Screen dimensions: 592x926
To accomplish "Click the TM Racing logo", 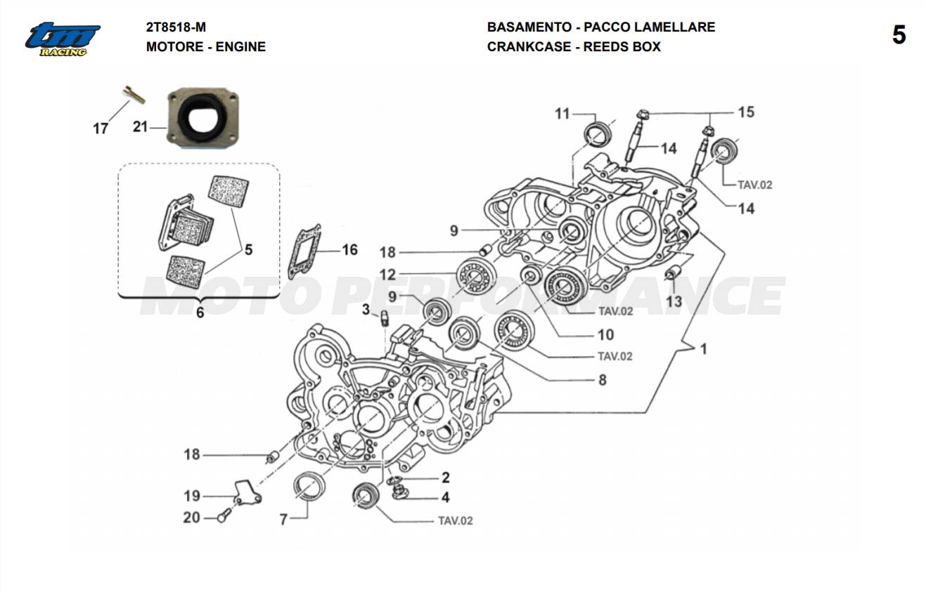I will (x=62, y=39).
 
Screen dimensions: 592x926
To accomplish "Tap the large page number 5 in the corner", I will (x=899, y=35).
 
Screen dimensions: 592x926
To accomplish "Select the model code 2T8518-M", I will (x=176, y=27).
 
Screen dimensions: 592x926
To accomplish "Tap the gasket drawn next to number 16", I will (x=304, y=251).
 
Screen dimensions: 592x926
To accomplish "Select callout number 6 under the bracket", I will (x=200, y=313).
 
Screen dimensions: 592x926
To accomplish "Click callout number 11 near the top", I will (x=562, y=113).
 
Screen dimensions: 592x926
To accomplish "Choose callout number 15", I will (x=745, y=112).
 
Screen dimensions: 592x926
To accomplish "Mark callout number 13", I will (x=674, y=301).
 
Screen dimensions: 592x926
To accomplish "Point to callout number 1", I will (x=703, y=348).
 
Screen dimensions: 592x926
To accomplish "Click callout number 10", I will (x=605, y=334).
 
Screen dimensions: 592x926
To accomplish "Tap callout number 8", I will (x=602, y=380).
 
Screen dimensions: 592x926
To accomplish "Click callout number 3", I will (x=366, y=310).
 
